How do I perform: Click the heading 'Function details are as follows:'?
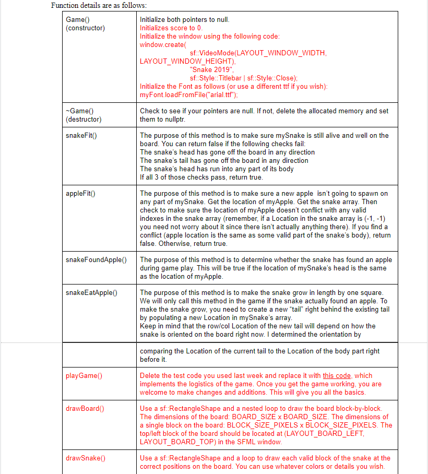pyautogui.click(x=99, y=5)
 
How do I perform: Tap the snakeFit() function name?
pyautogui.click(x=81, y=135)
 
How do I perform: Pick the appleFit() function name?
pyautogui.click(x=80, y=194)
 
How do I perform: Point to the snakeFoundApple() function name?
pyautogui.click(x=97, y=260)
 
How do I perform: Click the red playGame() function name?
pyautogui.click(x=84, y=375)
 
